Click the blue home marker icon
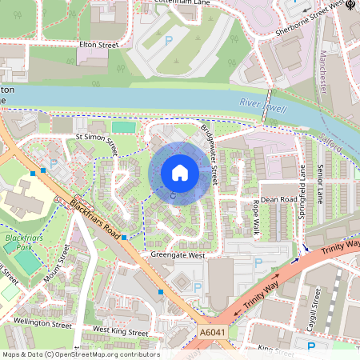coord(180,173)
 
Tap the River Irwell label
coord(262,103)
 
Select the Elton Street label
coord(98,46)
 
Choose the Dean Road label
coord(279,199)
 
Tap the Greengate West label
coord(178,255)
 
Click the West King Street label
coord(121,330)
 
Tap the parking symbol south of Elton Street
coord(168,40)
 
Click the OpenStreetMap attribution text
coord(80,354)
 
